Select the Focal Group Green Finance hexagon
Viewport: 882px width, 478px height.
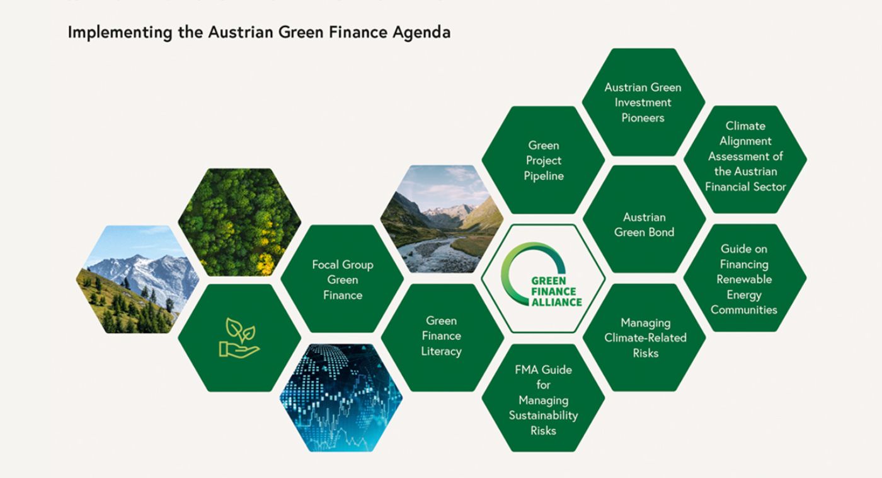[x=342, y=279]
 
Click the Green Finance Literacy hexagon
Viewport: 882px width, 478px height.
[x=442, y=336]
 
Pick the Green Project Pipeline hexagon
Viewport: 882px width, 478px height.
[x=543, y=160]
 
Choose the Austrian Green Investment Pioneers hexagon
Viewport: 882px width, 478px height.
[x=643, y=102]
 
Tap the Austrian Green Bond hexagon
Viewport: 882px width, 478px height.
[x=644, y=224]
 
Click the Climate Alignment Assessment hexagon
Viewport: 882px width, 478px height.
[x=745, y=156]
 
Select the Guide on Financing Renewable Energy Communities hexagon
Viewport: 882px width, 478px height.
[x=744, y=279]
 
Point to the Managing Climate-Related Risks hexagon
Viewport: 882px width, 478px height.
[x=644, y=337]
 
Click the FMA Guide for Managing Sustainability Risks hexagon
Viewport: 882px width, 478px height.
[x=543, y=399]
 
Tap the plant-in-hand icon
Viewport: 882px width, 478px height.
[x=239, y=338]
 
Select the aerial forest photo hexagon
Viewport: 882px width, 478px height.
[x=239, y=222]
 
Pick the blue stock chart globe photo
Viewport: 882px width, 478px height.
[x=341, y=398]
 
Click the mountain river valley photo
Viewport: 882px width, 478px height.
[x=442, y=219]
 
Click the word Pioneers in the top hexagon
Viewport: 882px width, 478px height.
[x=643, y=118]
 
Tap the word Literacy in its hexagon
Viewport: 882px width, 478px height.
[x=441, y=351]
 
